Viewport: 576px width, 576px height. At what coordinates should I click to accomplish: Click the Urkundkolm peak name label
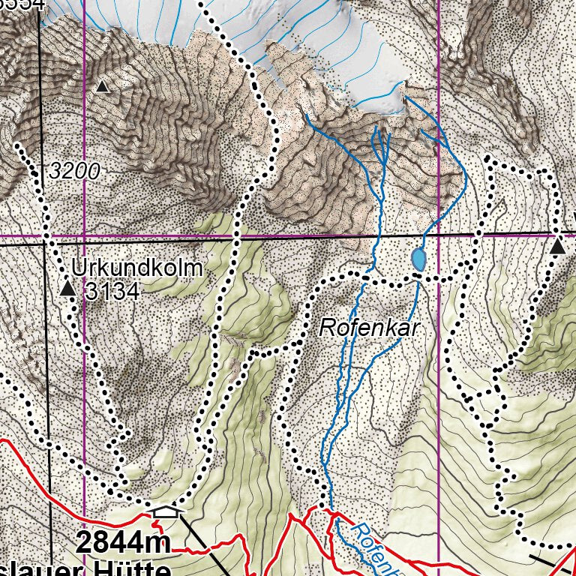tap(137, 268)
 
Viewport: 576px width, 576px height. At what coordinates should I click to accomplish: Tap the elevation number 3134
tap(112, 291)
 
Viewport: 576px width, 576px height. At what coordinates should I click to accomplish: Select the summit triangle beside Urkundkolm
tap(67, 288)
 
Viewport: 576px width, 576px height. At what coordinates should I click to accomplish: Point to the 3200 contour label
tap(75, 172)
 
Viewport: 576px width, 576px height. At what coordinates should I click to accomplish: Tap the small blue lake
tap(418, 259)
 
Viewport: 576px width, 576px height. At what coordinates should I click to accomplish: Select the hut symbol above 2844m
tap(165, 512)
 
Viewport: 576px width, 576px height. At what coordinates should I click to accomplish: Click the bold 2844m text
tap(123, 542)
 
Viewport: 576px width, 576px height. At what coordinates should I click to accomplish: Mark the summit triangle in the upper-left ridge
tap(103, 87)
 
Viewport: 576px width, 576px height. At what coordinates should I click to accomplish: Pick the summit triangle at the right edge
tap(558, 247)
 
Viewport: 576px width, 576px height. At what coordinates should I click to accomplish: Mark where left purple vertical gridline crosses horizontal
tap(85, 238)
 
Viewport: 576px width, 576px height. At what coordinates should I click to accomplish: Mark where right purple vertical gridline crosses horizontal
tap(438, 235)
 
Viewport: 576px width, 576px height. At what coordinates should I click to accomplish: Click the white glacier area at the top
tap(330, 45)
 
